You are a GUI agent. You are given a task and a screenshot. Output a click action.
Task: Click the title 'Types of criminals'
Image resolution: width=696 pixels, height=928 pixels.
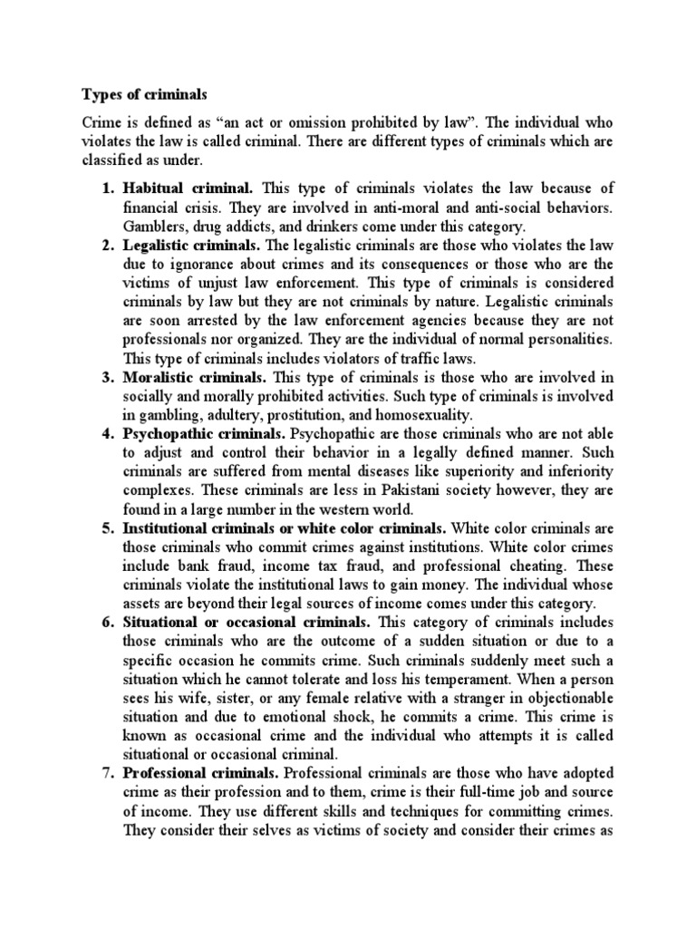pos(139,93)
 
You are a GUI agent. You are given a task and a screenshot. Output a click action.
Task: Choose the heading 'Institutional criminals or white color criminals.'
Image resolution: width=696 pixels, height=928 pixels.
pos(285,527)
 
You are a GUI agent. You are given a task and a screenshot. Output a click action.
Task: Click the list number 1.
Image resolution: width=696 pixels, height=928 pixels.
pos(106,188)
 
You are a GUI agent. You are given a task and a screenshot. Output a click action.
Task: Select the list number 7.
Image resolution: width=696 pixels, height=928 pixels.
pos(106,773)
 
